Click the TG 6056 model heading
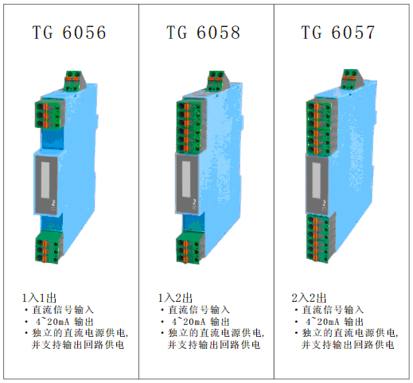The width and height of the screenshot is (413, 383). tap(69, 33)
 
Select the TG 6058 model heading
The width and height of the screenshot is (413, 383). tap(204, 33)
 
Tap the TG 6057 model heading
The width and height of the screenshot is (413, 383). tap(338, 33)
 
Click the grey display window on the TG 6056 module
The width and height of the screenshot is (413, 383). tap(45, 180)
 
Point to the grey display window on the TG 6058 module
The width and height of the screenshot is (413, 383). tap(186, 179)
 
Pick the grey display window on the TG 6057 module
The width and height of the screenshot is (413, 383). tap(317, 180)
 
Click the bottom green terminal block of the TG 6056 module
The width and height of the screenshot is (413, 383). tap(49, 247)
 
